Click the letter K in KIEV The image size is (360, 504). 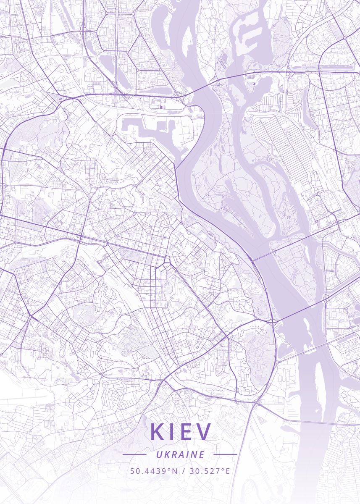(158, 432)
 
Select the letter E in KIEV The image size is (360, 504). (189, 432)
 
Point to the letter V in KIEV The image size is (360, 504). (205, 432)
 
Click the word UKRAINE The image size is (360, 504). (180, 454)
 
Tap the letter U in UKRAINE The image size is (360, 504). (158, 454)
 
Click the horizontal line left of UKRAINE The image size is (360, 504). (134, 454)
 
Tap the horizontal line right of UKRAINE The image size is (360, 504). (226, 454)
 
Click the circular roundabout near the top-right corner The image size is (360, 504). (344, 38)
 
